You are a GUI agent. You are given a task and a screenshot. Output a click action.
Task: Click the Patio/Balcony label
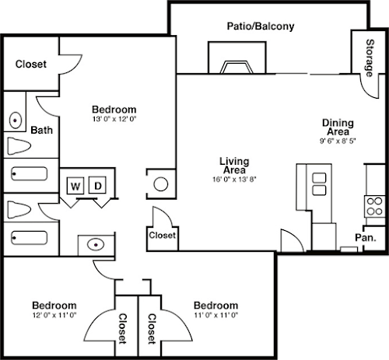tap(261, 26)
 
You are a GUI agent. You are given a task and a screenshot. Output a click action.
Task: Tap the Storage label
tap(370, 58)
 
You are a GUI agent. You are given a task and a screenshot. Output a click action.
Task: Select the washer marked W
tap(75, 185)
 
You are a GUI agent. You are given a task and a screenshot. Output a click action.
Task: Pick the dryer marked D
tap(97, 185)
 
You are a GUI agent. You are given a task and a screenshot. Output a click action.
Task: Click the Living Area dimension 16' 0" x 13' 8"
tap(234, 179)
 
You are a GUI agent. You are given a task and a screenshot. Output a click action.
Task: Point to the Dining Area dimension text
tap(338, 141)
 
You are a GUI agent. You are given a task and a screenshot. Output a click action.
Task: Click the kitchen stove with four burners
tap(375, 206)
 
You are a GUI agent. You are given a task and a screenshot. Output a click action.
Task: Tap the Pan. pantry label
tap(366, 237)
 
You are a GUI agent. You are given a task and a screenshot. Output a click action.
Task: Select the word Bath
tap(41, 130)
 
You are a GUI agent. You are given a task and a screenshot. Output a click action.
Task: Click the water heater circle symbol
tap(161, 184)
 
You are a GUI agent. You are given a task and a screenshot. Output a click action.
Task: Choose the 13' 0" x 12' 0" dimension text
tap(114, 119)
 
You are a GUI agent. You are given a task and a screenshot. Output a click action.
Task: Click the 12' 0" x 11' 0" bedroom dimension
tap(54, 315)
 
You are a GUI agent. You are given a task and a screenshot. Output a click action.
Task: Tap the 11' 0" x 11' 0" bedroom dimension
tap(216, 315)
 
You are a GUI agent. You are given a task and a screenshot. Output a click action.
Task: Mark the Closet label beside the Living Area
tap(162, 236)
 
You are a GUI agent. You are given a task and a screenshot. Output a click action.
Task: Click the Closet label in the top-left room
tap(31, 64)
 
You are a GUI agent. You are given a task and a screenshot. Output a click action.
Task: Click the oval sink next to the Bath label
tap(16, 120)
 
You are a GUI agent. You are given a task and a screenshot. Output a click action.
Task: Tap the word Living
tap(234, 162)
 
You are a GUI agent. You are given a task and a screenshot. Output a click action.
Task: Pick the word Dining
tap(338, 123)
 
